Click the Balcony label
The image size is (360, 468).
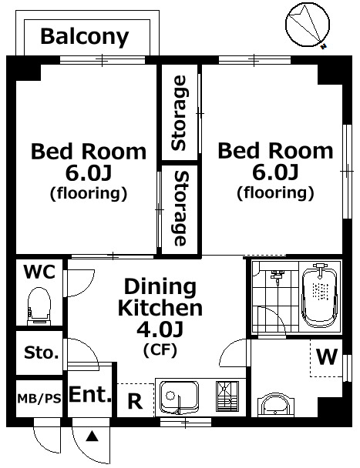click(x=85, y=37)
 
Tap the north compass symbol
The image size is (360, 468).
click(x=308, y=25)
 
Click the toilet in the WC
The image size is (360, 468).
click(x=39, y=306)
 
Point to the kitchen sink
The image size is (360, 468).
click(x=179, y=397)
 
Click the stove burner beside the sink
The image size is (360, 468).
click(x=227, y=396)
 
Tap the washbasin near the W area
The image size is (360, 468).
click(x=276, y=404)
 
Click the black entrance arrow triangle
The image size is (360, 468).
click(x=92, y=436)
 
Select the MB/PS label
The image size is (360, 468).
click(x=39, y=398)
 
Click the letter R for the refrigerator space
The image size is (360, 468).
click(x=135, y=401)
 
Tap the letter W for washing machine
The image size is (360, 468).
click(x=327, y=356)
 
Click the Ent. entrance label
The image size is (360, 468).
click(x=90, y=394)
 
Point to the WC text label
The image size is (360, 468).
click(x=39, y=272)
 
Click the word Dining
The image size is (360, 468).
click(x=160, y=287)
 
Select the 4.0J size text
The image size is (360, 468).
click(x=160, y=329)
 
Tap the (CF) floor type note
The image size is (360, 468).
click(x=160, y=349)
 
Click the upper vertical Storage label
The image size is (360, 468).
click(x=180, y=113)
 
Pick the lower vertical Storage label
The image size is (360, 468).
click(x=180, y=208)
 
